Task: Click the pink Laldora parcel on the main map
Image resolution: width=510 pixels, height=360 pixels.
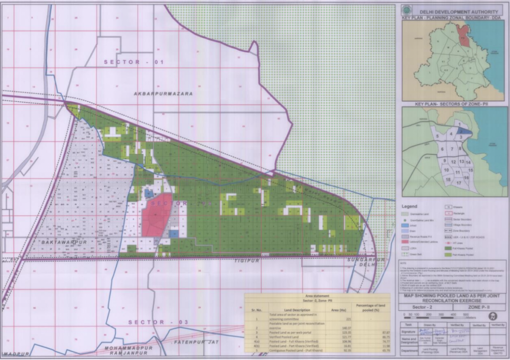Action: [156, 216]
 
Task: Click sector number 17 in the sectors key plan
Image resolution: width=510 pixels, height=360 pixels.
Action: [458, 183]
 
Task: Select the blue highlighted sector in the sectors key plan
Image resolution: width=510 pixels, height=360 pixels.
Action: [464, 131]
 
